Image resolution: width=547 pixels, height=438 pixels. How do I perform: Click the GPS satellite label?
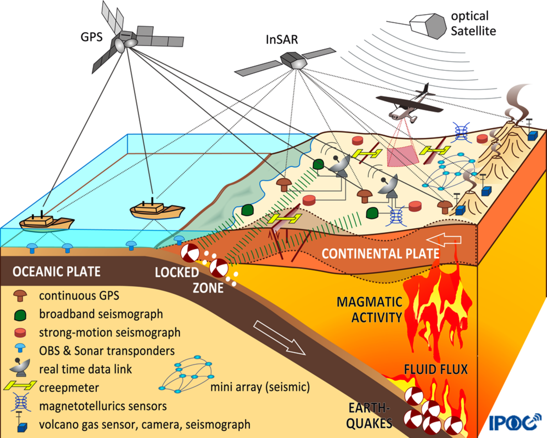91,37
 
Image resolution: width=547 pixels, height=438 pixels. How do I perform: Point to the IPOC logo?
515,422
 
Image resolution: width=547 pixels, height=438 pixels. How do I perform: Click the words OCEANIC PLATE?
57,271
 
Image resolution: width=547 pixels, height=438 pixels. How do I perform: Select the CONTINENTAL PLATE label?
381,254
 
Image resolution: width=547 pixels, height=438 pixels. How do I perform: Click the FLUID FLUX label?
436,369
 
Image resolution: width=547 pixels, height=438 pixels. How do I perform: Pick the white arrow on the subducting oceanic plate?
279,337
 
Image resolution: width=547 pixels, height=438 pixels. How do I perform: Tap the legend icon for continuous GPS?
20,296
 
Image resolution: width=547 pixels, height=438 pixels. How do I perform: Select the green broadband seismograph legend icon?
20,315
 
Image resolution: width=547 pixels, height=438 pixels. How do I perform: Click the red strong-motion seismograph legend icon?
20,333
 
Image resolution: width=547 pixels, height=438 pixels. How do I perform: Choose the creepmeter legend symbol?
20,386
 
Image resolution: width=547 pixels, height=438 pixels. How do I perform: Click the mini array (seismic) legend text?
260,387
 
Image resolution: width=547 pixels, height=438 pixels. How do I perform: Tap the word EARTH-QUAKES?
369,416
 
